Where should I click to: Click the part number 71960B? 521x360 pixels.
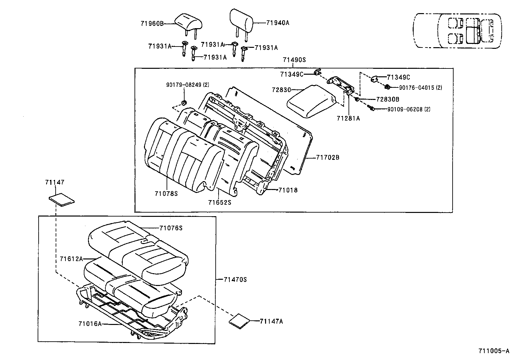tap(152, 23)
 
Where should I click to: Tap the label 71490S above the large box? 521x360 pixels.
tap(294, 60)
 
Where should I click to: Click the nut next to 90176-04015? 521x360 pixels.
tap(387, 87)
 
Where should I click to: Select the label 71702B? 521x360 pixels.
tap(328, 158)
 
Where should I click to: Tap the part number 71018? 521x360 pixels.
tap(288, 190)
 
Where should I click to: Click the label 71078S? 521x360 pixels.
tap(166, 194)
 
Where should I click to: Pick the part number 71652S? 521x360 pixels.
tap(220, 202)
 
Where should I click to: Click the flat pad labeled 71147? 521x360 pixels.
tap(62, 200)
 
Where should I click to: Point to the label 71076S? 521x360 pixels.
tap(171, 228)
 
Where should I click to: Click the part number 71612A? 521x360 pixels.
tap(71, 259)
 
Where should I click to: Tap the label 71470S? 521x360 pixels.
tap(235, 279)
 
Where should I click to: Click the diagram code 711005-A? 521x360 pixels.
tap(494, 351)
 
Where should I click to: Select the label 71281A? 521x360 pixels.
tap(348, 119)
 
